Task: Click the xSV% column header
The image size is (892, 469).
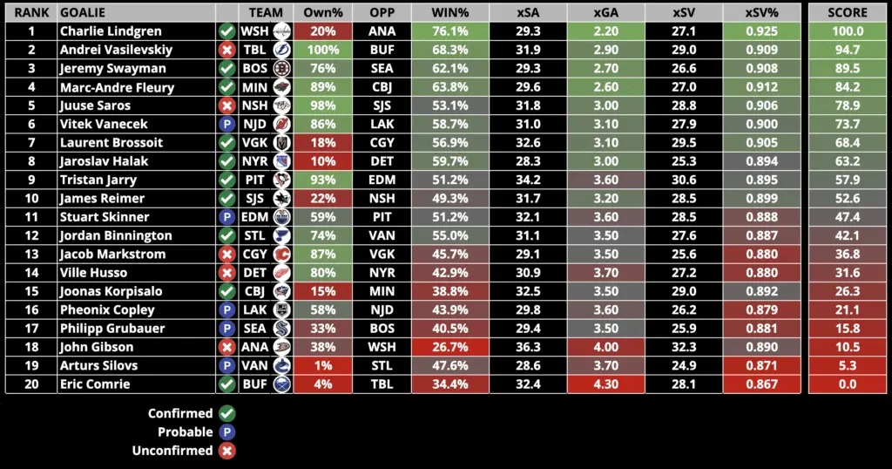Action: [x=762, y=13]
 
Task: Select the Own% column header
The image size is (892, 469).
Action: [x=322, y=13]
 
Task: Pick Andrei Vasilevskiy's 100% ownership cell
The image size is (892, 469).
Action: [x=322, y=50]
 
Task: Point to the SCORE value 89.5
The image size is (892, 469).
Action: [x=848, y=69]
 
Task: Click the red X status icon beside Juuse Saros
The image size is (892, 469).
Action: [x=226, y=105]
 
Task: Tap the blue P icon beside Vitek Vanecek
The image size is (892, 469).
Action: [x=226, y=125]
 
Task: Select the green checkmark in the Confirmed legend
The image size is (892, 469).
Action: [x=227, y=413]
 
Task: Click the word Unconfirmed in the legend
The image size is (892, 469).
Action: [x=172, y=451]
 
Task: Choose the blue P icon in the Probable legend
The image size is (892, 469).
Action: [x=227, y=432]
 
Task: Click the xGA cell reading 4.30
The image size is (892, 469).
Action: [x=606, y=384]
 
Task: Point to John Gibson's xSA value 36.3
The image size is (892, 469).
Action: [x=528, y=347]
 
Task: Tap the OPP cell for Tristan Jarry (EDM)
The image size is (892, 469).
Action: [x=382, y=180]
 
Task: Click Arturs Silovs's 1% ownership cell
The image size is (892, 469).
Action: [x=322, y=365]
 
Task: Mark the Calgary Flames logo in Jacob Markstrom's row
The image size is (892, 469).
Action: [x=281, y=255]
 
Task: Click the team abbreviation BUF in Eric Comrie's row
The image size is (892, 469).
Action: [x=254, y=384]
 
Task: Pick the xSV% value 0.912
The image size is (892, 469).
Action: [x=762, y=87]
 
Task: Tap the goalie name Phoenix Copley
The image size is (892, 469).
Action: [x=107, y=309]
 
